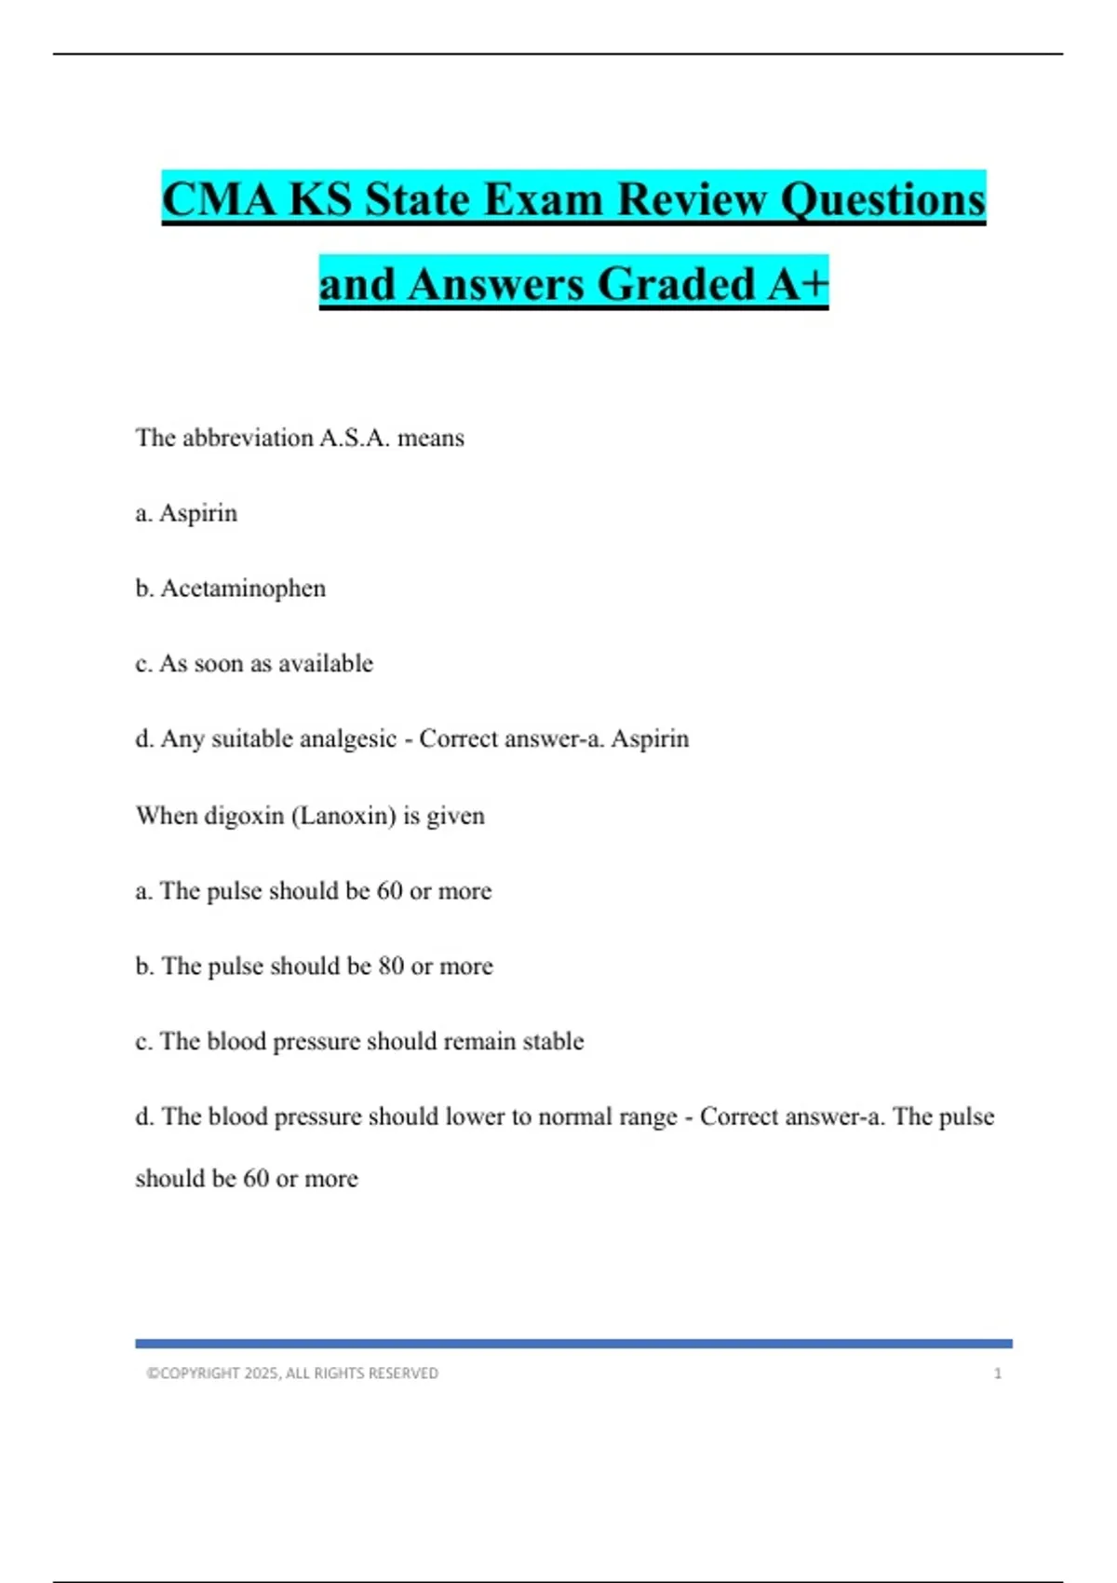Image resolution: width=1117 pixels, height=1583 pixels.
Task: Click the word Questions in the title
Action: click(x=882, y=200)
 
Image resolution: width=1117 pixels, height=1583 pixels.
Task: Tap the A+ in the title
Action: click(x=798, y=284)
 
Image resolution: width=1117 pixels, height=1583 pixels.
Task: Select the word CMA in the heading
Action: click(x=219, y=200)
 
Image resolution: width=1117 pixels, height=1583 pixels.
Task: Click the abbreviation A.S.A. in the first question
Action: click(x=355, y=438)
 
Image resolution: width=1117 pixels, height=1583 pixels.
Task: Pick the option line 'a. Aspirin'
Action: click(x=186, y=513)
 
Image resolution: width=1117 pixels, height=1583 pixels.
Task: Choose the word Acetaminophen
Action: click(x=243, y=589)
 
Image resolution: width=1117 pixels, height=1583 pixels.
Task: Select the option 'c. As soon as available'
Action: click(x=254, y=664)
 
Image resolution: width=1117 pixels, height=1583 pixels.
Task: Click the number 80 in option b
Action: click(x=391, y=967)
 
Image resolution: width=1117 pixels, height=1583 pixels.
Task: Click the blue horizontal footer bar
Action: click(x=573, y=1344)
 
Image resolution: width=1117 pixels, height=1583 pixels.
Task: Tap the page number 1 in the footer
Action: click(x=998, y=1373)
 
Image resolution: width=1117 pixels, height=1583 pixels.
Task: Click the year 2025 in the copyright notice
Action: click(x=262, y=1373)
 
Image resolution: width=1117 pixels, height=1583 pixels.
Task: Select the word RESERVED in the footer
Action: click(x=402, y=1373)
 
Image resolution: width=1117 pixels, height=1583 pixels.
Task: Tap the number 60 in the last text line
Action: click(x=256, y=1179)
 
